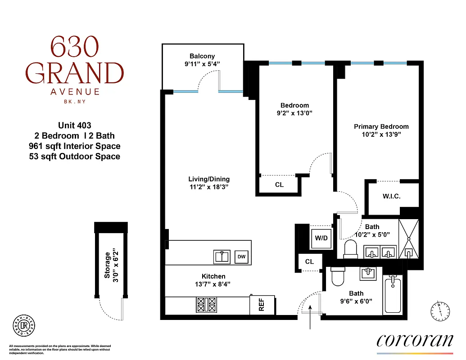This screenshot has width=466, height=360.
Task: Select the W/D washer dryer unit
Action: point(321,238)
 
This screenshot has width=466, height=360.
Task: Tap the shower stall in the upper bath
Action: point(408,238)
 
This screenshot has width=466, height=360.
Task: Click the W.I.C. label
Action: point(391,197)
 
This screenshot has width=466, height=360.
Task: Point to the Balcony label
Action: point(202,56)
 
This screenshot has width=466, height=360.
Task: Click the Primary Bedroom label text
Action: point(381,126)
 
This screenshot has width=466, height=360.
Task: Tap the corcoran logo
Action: point(414,340)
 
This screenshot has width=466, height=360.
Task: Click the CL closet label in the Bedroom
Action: point(279,184)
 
